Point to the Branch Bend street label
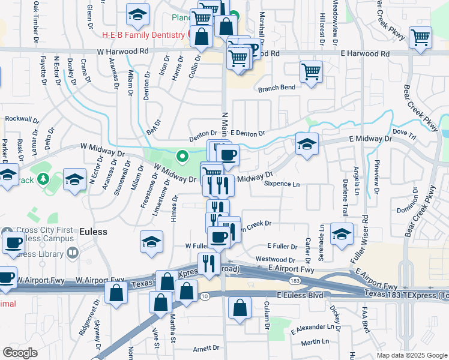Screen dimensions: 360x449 pos(277,88)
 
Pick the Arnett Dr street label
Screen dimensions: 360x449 pos(206,349)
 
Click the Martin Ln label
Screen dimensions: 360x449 pos(315,342)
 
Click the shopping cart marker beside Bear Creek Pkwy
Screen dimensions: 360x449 pos(421,38)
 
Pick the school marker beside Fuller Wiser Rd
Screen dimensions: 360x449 pos(342,235)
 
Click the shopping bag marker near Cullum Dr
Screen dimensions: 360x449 pos(240,308)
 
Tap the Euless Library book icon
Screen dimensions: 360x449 pos(73,254)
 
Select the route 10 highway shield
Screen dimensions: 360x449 pos(205,297)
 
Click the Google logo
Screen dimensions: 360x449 pos(20,353)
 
